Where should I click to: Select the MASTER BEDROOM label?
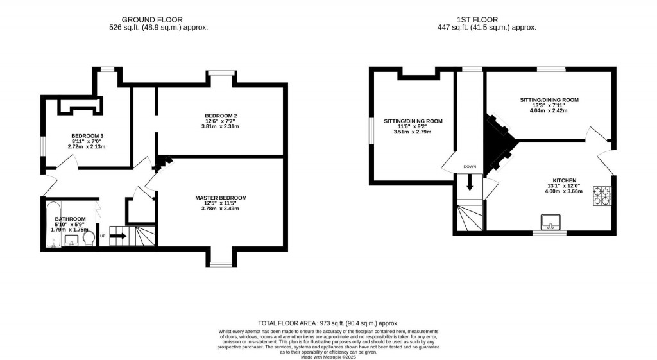click(x=221, y=198)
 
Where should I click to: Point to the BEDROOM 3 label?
click(x=87, y=136)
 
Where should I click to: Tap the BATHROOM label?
click(x=70, y=219)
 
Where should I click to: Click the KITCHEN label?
click(x=565, y=180)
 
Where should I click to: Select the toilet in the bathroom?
click(x=89, y=239)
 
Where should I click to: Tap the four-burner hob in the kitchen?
click(x=602, y=195)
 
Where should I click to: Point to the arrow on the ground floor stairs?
click(x=117, y=236)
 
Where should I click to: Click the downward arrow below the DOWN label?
click(x=470, y=183)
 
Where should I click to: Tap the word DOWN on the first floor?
click(x=470, y=167)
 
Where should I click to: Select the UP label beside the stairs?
click(x=102, y=235)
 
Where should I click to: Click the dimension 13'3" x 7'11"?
click(x=549, y=106)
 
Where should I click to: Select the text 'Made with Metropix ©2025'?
click(x=328, y=356)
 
